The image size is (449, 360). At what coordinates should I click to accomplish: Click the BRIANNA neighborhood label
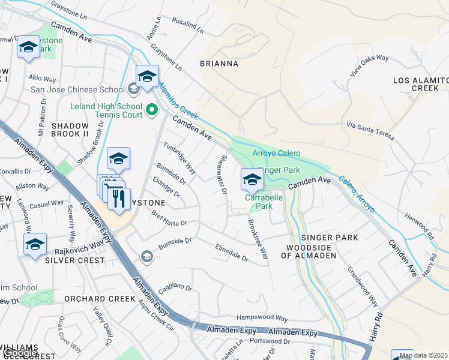tap(219, 64)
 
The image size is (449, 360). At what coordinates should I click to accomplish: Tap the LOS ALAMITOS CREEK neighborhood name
tap(420, 84)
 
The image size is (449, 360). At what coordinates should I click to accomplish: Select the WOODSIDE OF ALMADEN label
tap(311, 251)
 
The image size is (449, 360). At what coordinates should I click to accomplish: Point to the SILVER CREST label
tap(74, 261)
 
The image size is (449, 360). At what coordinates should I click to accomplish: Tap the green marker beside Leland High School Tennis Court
tap(152, 110)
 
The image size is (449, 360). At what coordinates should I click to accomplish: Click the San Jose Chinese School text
tap(77, 90)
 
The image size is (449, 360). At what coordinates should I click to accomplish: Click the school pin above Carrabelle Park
tap(252, 179)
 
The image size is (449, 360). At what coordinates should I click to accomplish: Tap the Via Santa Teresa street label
tap(370, 130)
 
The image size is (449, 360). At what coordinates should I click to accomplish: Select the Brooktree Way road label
tap(258, 239)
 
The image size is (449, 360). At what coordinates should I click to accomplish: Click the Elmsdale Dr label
tap(231, 251)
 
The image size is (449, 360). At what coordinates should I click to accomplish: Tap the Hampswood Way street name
tap(262, 317)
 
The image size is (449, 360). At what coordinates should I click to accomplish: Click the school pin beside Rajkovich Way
tap(35, 245)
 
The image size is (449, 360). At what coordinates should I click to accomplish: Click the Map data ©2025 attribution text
tap(423, 355)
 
